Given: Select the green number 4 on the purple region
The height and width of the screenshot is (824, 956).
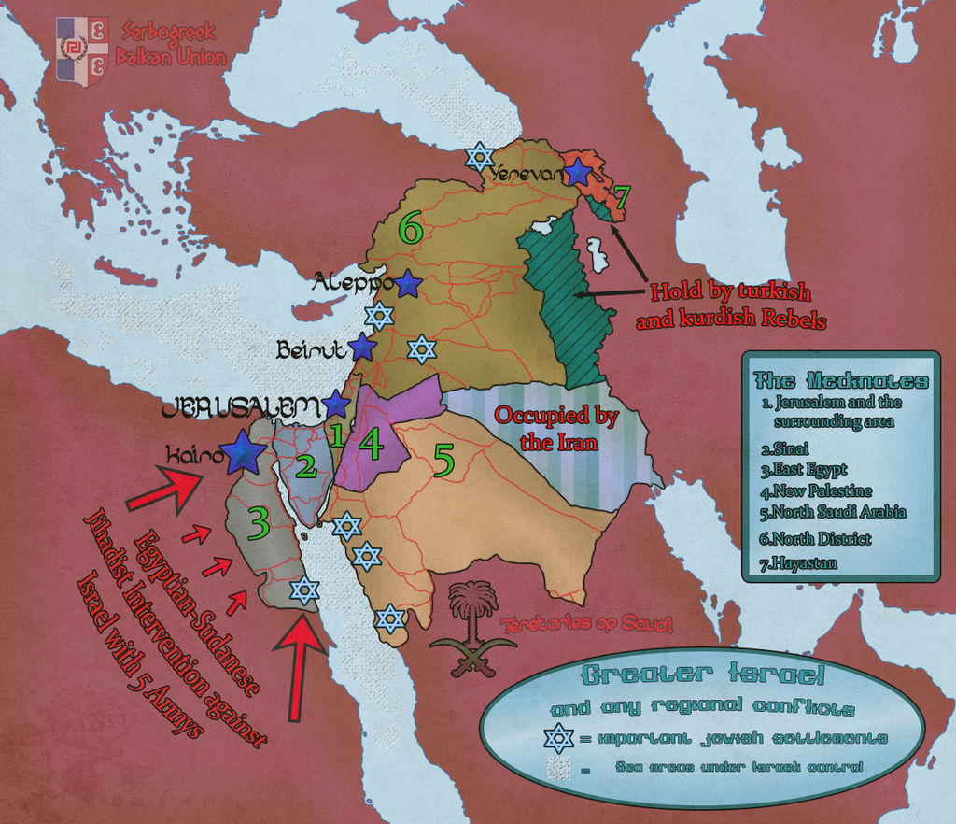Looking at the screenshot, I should point(372,444).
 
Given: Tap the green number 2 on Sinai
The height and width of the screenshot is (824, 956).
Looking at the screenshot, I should point(306,467).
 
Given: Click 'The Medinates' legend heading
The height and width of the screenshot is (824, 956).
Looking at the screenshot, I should point(840,381).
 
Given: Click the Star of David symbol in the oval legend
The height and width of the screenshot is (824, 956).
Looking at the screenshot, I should point(558,738).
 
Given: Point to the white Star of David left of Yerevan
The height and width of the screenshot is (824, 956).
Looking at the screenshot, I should point(479,156).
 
